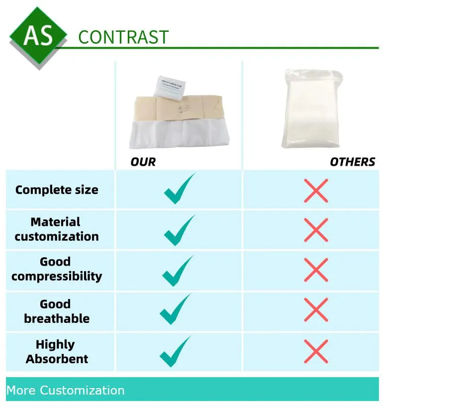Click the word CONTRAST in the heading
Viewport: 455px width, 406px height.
coord(123,37)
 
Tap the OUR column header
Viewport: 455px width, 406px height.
coord(143,162)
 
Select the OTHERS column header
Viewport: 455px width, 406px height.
coord(352,162)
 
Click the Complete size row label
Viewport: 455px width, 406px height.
coord(57,190)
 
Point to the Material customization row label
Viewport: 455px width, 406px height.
coord(57,229)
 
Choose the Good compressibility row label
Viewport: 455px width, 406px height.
coord(57,269)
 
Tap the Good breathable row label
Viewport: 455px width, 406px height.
coord(57,311)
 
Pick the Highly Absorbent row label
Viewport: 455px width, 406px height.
coord(57,352)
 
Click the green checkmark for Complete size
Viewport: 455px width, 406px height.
coord(179,190)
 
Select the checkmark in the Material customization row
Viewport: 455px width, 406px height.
coord(179,231)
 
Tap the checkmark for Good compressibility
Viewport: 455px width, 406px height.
coord(177,272)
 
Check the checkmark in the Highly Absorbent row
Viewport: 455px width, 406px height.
coord(175,352)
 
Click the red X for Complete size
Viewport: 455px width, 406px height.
coord(316,191)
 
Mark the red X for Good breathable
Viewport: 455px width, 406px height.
coord(316,310)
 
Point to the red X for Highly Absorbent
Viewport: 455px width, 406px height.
coord(316,351)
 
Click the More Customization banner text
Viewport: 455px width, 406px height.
coord(66,390)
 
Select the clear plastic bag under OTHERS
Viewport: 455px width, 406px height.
coord(312,109)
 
